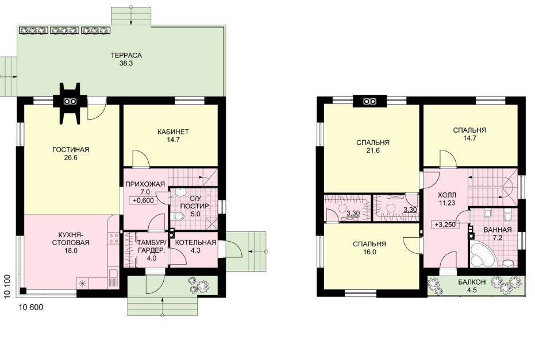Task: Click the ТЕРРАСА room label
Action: (x=126, y=55)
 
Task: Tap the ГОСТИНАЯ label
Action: (x=71, y=150)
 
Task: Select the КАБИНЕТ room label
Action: (x=174, y=132)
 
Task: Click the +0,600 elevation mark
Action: (x=144, y=200)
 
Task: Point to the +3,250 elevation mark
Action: (x=445, y=225)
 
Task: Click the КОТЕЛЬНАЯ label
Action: (x=195, y=242)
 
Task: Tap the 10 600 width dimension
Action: (x=30, y=308)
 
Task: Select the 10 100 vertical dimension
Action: (x=7, y=287)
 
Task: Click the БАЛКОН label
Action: (x=472, y=282)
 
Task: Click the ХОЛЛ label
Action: (x=447, y=195)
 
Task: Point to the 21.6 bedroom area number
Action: (x=373, y=150)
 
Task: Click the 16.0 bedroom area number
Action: (x=370, y=252)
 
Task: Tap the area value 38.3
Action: (x=126, y=63)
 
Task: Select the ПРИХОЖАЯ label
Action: (x=145, y=184)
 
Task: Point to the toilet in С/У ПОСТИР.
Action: (x=179, y=216)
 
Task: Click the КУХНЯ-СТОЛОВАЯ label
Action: (x=71, y=239)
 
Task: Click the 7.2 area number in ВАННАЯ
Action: (x=498, y=238)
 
